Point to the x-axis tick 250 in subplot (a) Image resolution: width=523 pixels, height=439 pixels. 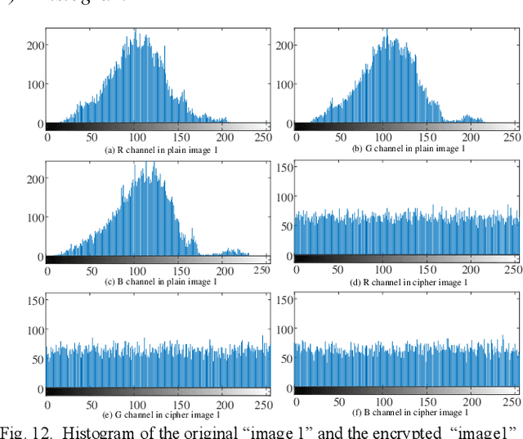click(261, 138)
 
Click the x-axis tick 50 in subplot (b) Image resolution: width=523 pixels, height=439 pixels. click(338, 138)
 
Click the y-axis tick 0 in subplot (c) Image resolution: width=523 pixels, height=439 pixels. click(38, 257)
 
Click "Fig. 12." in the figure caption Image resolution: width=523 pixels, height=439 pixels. click(27, 431)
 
